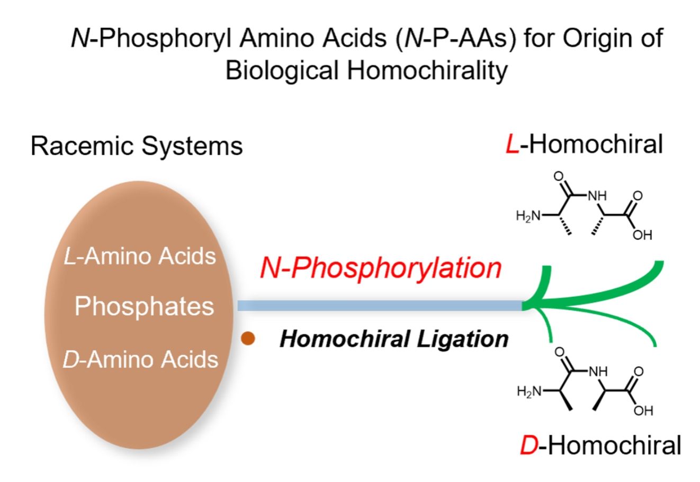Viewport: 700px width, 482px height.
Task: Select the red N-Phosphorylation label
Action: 380,268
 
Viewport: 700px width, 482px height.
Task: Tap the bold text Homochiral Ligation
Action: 394,339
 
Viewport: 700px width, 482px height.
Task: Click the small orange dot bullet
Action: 248,339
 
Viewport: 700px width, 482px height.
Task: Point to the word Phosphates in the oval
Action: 144,306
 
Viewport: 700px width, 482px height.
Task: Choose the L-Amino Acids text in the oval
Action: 139,256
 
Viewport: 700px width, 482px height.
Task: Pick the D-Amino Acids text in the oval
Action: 140,359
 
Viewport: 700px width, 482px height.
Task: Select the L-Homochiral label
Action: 584,144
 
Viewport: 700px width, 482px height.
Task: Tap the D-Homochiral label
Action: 600,445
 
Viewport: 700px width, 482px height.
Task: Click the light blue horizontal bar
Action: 379,305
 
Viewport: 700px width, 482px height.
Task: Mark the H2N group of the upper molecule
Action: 528,215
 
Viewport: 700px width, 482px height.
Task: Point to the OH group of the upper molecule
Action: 642,235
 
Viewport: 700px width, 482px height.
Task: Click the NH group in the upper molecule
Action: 598,196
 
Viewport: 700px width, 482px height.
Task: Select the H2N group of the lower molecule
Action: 530,391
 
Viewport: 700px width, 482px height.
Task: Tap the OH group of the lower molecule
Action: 643,411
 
